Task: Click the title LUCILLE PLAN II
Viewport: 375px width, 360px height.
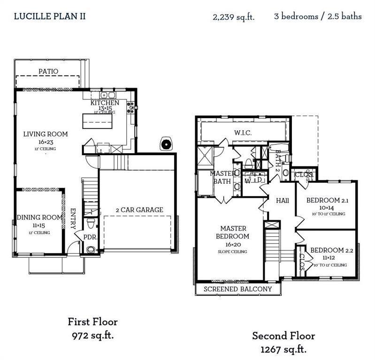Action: pyautogui.click(x=50, y=16)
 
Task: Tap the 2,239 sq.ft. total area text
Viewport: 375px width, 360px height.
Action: pyautogui.click(x=234, y=17)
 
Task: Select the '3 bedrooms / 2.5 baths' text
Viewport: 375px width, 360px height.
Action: pyautogui.click(x=318, y=16)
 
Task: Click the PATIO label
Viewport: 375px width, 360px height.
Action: pyautogui.click(x=48, y=71)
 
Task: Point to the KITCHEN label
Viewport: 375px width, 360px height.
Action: pyautogui.click(x=105, y=103)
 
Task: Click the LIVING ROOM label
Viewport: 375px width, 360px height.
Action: pyautogui.click(x=46, y=134)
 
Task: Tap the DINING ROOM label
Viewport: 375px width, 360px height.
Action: pyautogui.click(x=39, y=217)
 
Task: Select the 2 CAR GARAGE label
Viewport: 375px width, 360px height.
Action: pyautogui.click(x=140, y=210)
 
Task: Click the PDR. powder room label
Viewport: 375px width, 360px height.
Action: pyautogui.click(x=90, y=237)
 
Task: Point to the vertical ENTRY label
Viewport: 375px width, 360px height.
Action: pyautogui.click(x=73, y=218)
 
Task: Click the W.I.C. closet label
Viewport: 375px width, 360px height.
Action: pyautogui.click(x=243, y=133)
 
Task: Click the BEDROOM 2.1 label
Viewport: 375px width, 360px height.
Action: pyautogui.click(x=326, y=201)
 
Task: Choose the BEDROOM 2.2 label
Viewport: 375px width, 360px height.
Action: pyautogui.click(x=329, y=250)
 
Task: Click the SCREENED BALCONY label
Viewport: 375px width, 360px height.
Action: pyautogui.click(x=237, y=289)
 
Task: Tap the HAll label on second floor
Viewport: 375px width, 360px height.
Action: pyautogui.click(x=283, y=200)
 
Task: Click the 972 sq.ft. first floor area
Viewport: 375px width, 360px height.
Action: pyautogui.click(x=92, y=336)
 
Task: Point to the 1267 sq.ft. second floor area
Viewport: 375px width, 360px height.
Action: pyautogui.click(x=283, y=349)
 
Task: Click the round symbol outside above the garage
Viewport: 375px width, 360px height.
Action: pyautogui.click(x=166, y=143)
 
